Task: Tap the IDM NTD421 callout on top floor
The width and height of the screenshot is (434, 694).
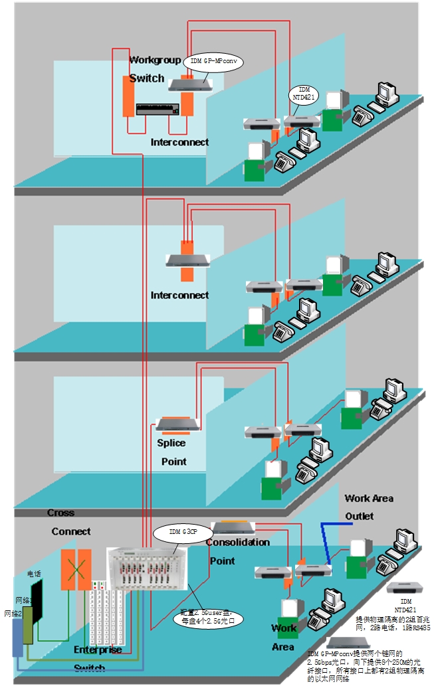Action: pyautogui.click(x=304, y=93)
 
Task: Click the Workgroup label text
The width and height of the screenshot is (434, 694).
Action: pyautogui.click(x=154, y=60)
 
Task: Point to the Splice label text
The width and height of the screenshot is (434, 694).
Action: pyautogui.click(x=171, y=443)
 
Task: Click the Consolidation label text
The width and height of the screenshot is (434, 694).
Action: pyautogui.click(x=237, y=542)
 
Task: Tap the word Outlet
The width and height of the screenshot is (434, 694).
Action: pyautogui.click(x=359, y=516)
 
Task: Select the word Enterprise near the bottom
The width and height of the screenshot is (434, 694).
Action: pyautogui.click(x=98, y=650)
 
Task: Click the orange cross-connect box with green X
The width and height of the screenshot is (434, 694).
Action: pyautogui.click(x=76, y=570)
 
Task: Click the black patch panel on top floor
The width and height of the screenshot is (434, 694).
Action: pyautogui.click(x=158, y=109)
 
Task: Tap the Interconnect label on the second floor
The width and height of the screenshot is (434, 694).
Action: pyautogui.click(x=179, y=295)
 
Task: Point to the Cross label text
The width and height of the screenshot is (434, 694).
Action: pyautogui.click(x=60, y=513)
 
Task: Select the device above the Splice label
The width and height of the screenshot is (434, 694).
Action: pyautogui.click(x=178, y=424)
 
